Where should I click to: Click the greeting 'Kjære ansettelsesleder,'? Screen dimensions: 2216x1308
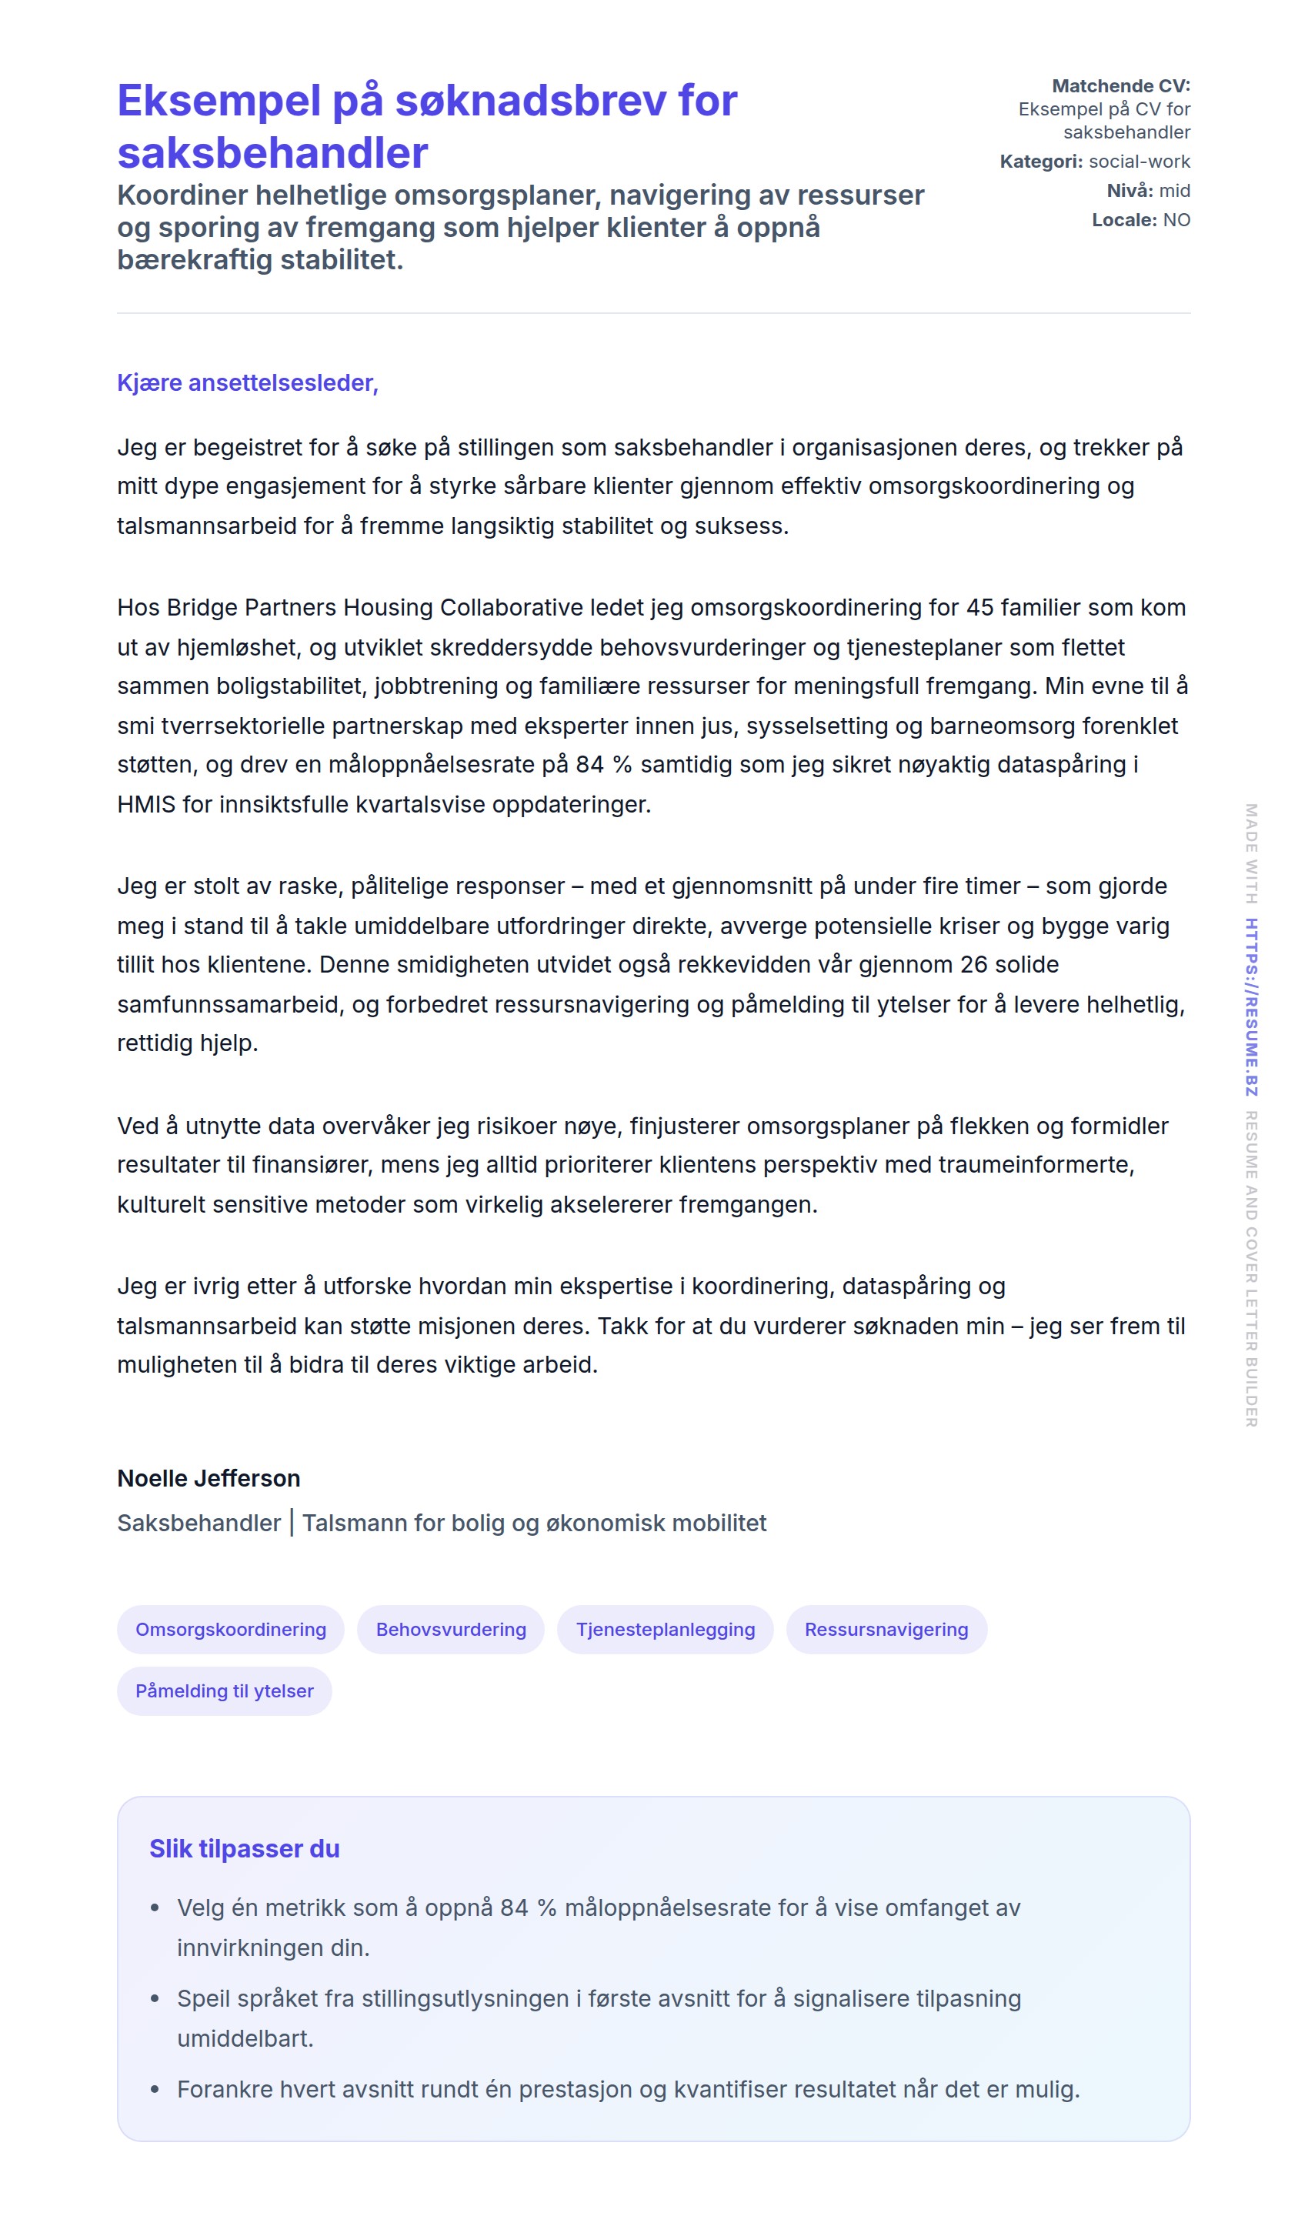point(248,382)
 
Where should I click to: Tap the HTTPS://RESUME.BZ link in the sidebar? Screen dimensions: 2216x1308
point(1251,1006)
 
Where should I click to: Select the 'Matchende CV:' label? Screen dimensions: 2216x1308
point(1120,85)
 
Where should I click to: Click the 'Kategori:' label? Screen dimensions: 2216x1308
point(1041,162)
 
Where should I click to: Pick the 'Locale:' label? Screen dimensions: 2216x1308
point(1124,219)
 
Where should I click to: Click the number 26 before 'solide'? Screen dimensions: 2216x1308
point(974,964)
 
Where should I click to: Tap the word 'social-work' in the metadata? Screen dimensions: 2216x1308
point(1139,162)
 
